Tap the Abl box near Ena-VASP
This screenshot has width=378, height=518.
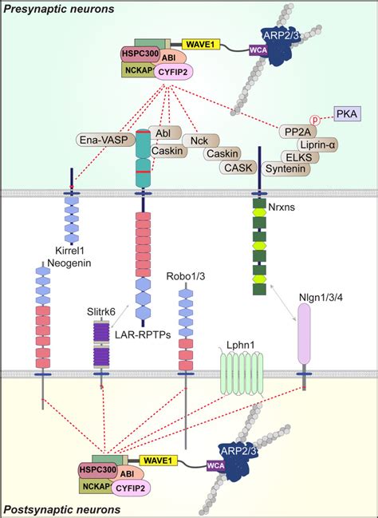pyautogui.click(x=164, y=132)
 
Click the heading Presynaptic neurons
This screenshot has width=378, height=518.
pyautogui.click(x=57, y=9)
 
